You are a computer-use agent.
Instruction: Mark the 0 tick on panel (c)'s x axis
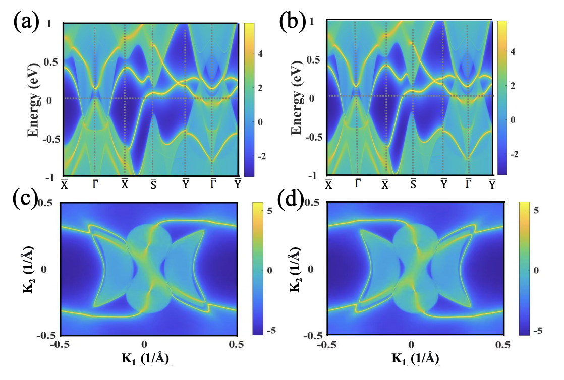pyautogui.click(x=144, y=345)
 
